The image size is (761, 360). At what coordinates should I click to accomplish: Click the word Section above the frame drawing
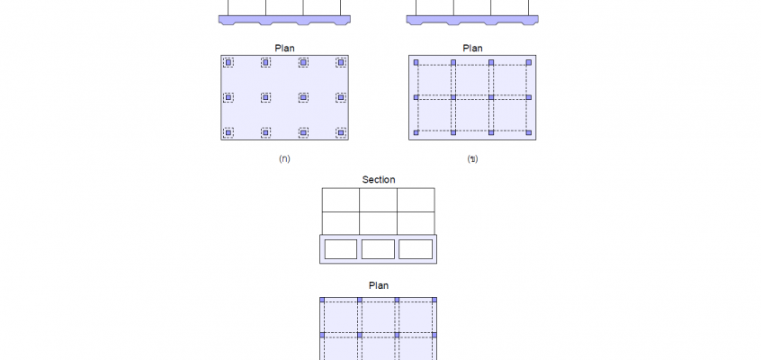tap(379, 180)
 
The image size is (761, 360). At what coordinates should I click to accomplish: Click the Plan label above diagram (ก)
tap(284, 48)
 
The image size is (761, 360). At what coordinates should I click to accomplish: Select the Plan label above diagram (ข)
tap(472, 48)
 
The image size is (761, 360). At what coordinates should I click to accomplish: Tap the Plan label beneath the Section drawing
tap(379, 285)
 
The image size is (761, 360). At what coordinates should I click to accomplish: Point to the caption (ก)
tap(284, 159)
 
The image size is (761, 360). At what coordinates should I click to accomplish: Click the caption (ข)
tap(472, 159)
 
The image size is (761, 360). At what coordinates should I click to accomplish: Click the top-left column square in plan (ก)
tap(228, 62)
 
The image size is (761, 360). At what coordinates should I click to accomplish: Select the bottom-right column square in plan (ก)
tap(341, 132)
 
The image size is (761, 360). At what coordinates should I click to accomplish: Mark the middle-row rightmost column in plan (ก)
tap(341, 98)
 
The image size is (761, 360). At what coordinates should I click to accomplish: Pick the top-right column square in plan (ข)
tap(529, 63)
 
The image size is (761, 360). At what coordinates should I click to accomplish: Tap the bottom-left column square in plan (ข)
tap(416, 132)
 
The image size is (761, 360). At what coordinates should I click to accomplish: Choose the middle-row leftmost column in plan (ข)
tap(416, 98)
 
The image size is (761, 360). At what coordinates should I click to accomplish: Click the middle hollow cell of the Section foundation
tap(378, 249)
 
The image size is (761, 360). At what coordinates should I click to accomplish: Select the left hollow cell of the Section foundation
tap(341, 249)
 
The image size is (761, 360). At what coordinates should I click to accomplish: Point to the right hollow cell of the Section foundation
tap(416, 249)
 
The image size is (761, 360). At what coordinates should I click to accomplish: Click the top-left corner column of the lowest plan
tap(322, 301)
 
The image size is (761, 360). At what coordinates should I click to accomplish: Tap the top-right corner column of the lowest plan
tap(434, 301)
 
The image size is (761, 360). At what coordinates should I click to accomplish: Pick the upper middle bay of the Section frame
tap(378, 200)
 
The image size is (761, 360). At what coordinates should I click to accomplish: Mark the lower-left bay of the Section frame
tap(341, 223)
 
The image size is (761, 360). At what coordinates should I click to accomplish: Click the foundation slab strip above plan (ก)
tap(284, 20)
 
